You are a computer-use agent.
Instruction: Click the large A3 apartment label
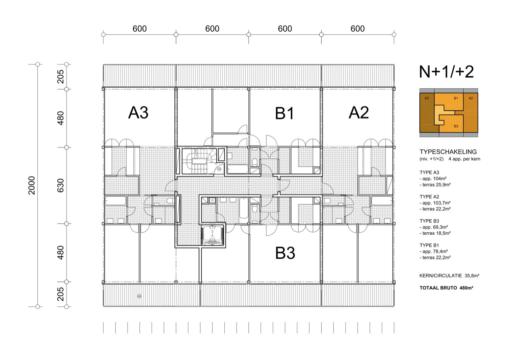pos(138,112)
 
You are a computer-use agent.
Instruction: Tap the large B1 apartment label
pos(284,113)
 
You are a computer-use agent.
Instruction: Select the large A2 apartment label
pos(359,112)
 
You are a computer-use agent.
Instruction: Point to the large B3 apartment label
pos(285,253)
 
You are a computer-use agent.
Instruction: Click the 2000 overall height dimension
pos(32,185)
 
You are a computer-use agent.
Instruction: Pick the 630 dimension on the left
pos(60,185)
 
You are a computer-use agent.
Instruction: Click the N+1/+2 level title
pos(446,72)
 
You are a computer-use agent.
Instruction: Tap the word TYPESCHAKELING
pos(448,152)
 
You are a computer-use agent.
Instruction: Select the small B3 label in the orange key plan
pos(456,126)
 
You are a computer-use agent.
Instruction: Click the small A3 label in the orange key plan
pos(427,98)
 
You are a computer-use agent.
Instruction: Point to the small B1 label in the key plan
pos(456,98)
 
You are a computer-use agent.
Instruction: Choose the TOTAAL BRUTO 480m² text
pos(446,288)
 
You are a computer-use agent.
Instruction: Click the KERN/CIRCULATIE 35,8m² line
pos(449,276)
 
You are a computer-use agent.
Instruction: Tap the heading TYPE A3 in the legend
pos(429,173)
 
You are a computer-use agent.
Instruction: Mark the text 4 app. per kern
pos(464,159)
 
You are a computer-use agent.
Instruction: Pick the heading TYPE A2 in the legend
pos(429,197)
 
